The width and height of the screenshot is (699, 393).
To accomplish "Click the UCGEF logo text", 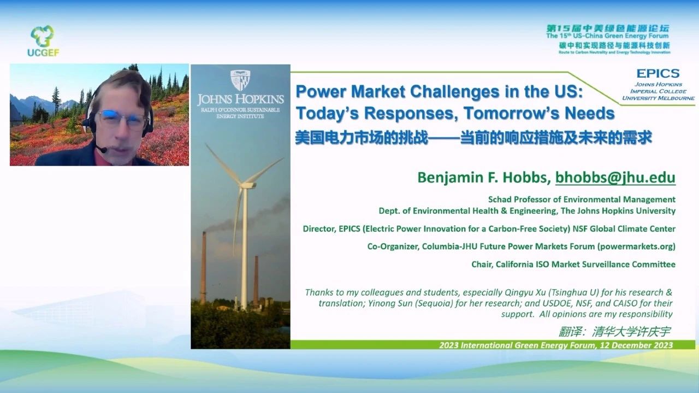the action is pyautogui.click(x=43, y=52).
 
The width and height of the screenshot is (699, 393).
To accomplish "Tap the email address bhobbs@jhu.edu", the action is pyautogui.click(x=615, y=178).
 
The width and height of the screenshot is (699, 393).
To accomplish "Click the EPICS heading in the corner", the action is pyautogui.click(x=658, y=73).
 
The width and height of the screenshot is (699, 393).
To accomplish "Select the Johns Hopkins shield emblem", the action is pyautogui.click(x=240, y=80).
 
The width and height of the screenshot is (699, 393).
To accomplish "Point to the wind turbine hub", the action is pyautogui.click(x=247, y=185).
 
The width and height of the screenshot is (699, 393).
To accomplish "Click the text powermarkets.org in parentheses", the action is pyautogui.click(x=636, y=247).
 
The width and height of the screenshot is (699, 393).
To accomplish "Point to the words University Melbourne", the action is pyautogui.click(x=658, y=98).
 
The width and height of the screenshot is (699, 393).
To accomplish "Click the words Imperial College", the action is pyautogui.click(x=658, y=91).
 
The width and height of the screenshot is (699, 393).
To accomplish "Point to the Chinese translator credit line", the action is pyautogui.click(x=614, y=331).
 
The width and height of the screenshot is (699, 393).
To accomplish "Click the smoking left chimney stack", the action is pyautogui.click(x=204, y=267).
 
